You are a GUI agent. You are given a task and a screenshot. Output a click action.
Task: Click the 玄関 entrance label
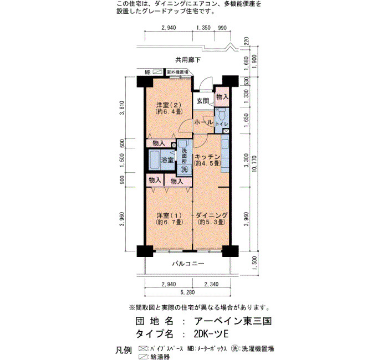pos(203,101)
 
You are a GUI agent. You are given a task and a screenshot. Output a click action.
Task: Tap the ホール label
pos(203,122)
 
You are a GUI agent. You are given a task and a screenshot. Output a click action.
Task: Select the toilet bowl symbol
pos(222,114)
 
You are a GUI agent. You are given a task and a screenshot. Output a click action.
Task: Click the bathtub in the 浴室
pos(155,160)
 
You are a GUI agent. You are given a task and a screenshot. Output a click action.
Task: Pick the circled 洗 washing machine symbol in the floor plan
pos(184,169)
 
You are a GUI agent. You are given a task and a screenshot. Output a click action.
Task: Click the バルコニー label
pos(188,264)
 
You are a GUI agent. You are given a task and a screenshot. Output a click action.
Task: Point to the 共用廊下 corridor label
pos(188,60)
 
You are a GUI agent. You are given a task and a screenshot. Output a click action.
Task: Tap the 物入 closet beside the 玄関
pos(222,97)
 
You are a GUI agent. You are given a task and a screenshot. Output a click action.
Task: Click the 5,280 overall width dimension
pos(187,292)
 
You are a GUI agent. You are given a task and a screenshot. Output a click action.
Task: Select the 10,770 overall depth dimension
pos(255,164)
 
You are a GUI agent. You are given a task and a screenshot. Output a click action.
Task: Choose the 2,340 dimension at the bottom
pos(211,284)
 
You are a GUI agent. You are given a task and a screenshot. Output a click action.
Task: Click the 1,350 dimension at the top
pos(203,28)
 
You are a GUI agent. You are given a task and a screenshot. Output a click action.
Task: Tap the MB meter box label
pos(148,73)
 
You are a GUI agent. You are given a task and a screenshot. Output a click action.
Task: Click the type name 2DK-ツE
pos(211,334)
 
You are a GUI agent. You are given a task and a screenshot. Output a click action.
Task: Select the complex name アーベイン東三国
pos(233,321)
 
